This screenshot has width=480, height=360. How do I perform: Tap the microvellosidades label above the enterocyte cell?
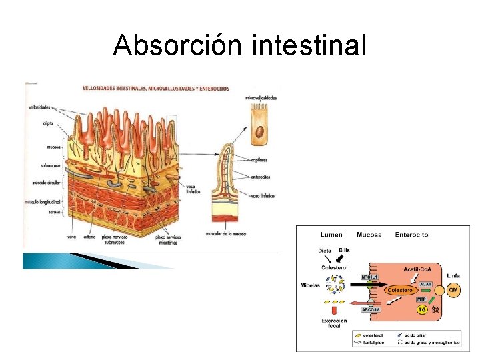coord(261,97)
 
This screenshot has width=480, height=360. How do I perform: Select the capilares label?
coord(261,160)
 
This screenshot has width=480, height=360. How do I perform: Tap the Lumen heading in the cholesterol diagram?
coord(331,235)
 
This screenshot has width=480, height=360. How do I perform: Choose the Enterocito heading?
coord(411,235)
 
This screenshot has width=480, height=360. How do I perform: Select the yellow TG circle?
coord(421,309)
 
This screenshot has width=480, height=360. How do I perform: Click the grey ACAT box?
coord(425,284)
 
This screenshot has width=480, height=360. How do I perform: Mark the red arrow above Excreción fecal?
coord(333,309)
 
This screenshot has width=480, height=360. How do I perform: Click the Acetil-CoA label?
coord(419,268)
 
